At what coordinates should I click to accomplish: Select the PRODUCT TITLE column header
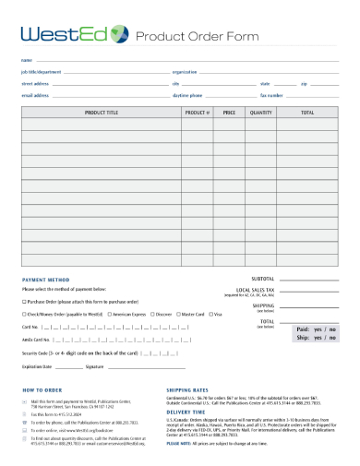click(x=101, y=113)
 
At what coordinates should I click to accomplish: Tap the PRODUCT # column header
click(x=198, y=113)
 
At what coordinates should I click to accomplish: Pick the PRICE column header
click(x=230, y=113)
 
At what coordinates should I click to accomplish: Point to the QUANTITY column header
click(x=261, y=113)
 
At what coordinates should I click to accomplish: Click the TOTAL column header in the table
click(x=307, y=113)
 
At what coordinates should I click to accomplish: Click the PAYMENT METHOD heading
click(x=45, y=279)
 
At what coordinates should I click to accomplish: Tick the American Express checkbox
click(x=110, y=315)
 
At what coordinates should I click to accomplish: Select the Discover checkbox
click(x=152, y=315)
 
